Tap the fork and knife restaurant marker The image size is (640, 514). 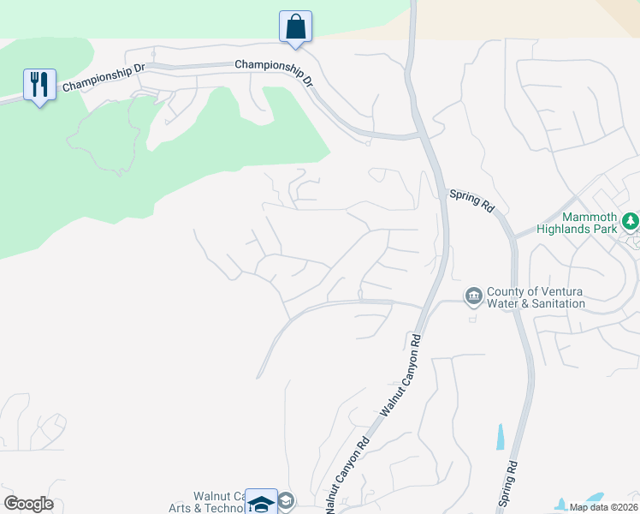click(39, 84)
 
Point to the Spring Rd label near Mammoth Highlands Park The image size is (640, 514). click(472, 202)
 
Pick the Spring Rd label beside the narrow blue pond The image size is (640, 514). click(510, 484)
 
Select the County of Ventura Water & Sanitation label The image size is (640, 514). click(536, 297)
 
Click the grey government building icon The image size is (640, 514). click(473, 296)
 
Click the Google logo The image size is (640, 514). click(28, 504)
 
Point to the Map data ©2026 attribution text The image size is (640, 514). click(602, 507)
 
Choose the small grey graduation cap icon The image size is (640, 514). click(287, 501)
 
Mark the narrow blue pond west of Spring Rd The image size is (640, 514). click(500, 437)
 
